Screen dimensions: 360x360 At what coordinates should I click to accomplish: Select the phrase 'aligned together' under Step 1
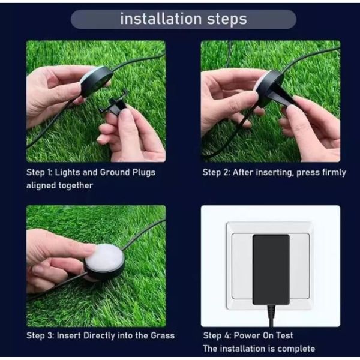click(59, 185)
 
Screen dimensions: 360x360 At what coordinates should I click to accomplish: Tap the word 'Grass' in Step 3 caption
click(162, 335)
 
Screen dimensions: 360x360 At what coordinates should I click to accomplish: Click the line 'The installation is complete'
click(259, 349)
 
